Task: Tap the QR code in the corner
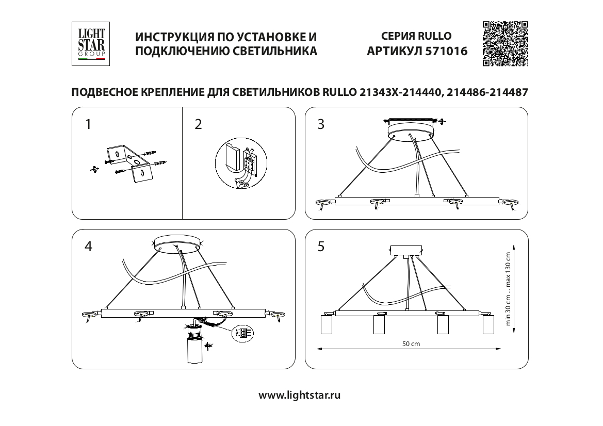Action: pyautogui.click(x=505, y=43)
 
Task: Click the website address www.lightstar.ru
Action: pyautogui.click(x=299, y=395)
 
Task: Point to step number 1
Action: pyautogui.click(x=88, y=124)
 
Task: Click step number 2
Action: pyautogui.click(x=198, y=124)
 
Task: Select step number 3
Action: pyautogui.click(x=321, y=124)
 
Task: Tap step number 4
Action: pyautogui.click(x=88, y=247)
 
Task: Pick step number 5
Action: pyautogui.click(x=321, y=247)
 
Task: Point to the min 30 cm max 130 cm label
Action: pyautogui.click(x=508, y=289)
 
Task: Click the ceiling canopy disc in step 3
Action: pyautogui.click(x=411, y=130)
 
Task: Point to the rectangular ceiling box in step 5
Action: pyautogui.click(x=406, y=250)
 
